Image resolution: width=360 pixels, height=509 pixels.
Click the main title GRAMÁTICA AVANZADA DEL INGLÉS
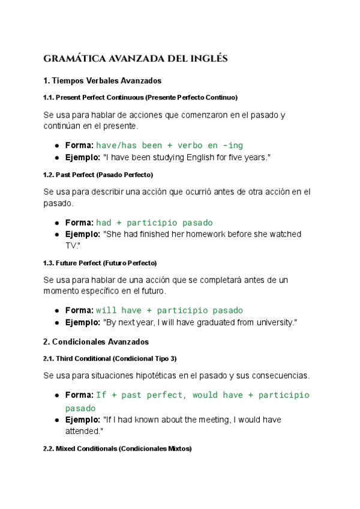tap(136, 59)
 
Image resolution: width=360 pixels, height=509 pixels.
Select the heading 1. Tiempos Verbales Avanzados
tap(102, 80)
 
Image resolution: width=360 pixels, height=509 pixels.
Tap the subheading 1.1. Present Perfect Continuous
tap(140, 97)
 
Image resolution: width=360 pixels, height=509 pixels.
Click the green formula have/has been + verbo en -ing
tap(169, 145)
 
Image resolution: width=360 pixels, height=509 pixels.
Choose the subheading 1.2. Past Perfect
tap(98, 175)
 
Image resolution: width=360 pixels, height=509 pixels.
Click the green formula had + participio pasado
tap(154, 223)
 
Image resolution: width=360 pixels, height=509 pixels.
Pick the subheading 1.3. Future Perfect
tap(100, 263)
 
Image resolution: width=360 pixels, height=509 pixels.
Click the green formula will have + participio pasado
tap(169, 310)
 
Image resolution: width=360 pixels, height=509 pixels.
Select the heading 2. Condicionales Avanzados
tap(96, 342)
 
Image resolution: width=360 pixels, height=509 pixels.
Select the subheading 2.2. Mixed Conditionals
tap(118, 448)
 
